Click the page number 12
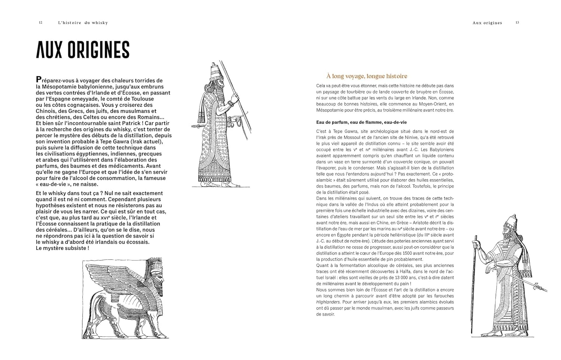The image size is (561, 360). coord(40,22)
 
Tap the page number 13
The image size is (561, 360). coord(517,22)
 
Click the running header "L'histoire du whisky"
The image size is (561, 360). coord(83,23)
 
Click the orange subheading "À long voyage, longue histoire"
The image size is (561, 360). coord(367,76)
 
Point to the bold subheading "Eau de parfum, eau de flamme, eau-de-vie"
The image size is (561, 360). coord(361,122)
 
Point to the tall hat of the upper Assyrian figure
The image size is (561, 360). coord(216,71)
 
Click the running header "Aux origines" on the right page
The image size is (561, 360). coord(487,23)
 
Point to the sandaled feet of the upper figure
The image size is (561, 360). coord(224,184)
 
